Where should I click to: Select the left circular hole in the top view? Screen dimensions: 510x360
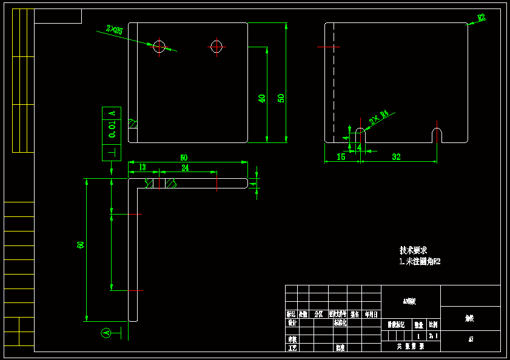[x=159, y=46]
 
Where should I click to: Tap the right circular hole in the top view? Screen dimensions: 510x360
[x=216, y=46]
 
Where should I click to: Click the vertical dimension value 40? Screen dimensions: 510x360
[x=262, y=98]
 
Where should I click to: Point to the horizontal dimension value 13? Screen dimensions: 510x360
[x=142, y=167]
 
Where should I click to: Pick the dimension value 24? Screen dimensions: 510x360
[x=185, y=167]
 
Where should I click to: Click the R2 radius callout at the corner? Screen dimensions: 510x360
[x=481, y=18]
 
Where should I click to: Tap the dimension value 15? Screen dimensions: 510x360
[x=341, y=157]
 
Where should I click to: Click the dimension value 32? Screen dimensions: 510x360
[x=396, y=157]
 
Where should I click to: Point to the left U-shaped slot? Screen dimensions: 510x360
[x=360, y=135]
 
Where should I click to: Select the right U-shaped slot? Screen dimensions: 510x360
[x=437, y=135]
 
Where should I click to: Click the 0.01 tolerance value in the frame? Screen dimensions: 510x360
[x=112, y=130]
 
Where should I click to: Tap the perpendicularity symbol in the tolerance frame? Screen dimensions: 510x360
[x=112, y=152]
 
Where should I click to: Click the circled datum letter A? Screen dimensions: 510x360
[x=106, y=333]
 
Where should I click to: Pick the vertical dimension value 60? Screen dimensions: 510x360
[x=80, y=245]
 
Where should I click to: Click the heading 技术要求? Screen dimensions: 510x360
[x=413, y=250]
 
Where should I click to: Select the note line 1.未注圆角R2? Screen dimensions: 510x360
[x=420, y=262]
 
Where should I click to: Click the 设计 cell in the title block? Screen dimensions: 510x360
[x=292, y=323]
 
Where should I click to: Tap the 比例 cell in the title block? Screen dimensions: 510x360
[x=433, y=324]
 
